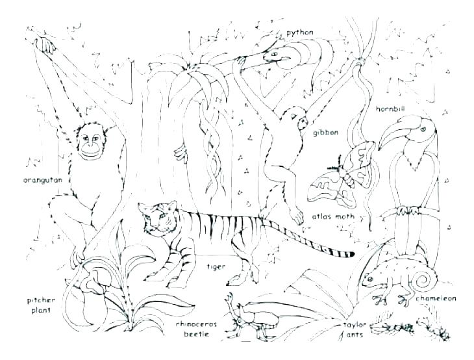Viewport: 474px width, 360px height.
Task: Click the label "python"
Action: pyautogui.click(x=299, y=32)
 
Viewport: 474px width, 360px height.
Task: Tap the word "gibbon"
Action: pyautogui.click(x=326, y=133)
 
